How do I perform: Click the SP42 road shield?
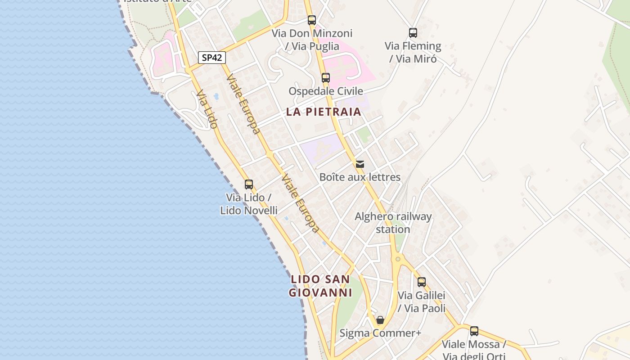(x=211, y=58)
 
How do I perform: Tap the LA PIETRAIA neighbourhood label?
(x=324, y=112)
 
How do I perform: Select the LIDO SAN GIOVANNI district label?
(x=320, y=286)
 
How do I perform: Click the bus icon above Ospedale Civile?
(x=326, y=78)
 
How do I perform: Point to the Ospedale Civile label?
(x=326, y=91)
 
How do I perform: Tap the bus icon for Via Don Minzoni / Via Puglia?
(x=312, y=20)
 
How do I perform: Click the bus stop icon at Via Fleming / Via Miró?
(x=413, y=33)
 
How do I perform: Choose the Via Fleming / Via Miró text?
(x=413, y=52)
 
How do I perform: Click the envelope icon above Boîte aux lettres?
(x=360, y=164)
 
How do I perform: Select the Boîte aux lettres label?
(x=360, y=177)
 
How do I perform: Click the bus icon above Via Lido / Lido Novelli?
(x=249, y=184)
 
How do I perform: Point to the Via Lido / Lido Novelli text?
(x=249, y=204)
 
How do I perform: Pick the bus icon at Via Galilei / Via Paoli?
(x=422, y=282)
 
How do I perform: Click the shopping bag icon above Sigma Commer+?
(x=380, y=320)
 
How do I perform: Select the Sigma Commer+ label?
(x=380, y=333)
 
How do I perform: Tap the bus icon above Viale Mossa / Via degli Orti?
(x=474, y=331)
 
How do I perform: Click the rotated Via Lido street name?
(x=207, y=109)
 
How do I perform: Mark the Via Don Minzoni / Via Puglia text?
(x=312, y=40)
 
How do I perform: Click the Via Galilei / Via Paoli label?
(x=422, y=301)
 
